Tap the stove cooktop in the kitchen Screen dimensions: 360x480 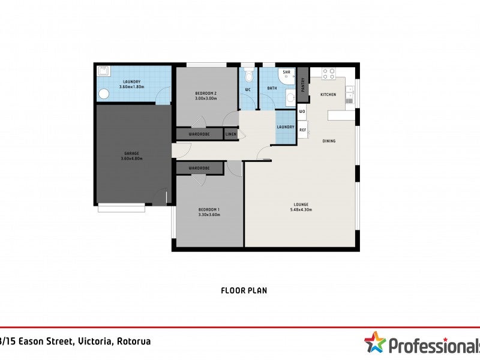coord(329,74)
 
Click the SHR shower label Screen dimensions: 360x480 coord(287,73)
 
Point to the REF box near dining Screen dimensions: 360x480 coord(302,130)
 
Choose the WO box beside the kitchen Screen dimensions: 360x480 coord(302,112)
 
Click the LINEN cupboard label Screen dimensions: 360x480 coord(231,134)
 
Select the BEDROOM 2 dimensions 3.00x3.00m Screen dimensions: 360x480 coord(206,99)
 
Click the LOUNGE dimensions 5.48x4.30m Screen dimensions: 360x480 coord(301,210)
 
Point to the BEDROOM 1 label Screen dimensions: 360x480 coord(209,209)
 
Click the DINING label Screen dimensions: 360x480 coord(329,141)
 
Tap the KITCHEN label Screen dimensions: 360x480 coord(328,95)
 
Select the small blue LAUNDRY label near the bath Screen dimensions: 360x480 coord(286,127)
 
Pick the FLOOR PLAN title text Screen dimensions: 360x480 coord(244,290)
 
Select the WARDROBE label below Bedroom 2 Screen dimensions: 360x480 coord(199,134)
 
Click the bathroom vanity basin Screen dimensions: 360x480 coord(290,97)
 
